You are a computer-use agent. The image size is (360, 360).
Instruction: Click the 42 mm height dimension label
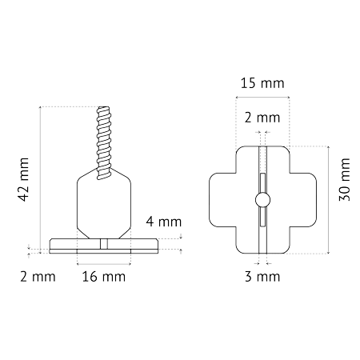pyautogui.click(x=23, y=179)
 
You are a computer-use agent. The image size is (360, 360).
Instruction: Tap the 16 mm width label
pyautogui.click(x=104, y=277)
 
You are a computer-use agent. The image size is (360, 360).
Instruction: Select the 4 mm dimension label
pyautogui.click(x=164, y=222)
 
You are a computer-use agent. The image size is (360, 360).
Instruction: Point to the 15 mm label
pyautogui.click(x=262, y=83)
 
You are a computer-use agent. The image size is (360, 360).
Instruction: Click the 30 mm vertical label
pyautogui.click(x=344, y=179)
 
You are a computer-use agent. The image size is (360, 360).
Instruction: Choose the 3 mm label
pyautogui.click(x=262, y=277)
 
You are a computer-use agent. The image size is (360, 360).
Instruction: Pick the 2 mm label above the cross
pyautogui.click(x=262, y=118)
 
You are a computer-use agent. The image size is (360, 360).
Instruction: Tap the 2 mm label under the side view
pyautogui.click(x=38, y=277)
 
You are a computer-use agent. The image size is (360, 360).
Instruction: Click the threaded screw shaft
pyautogui.click(x=104, y=142)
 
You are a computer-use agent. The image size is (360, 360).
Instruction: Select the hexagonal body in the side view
pyautogui.click(x=104, y=203)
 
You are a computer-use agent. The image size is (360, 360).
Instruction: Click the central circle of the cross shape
pyautogui.click(x=262, y=200)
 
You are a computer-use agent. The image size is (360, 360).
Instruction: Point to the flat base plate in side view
pyautogui.click(x=104, y=246)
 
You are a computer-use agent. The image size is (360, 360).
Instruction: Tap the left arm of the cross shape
pyautogui.click(x=222, y=200)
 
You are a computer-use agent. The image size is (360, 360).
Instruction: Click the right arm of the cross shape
pyautogui.click(x=303, y=200)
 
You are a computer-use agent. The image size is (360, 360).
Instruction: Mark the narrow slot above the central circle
pyautogui.click(x=262, y=183)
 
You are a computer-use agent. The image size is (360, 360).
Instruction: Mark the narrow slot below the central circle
pyautogui.click(x=262, y=217)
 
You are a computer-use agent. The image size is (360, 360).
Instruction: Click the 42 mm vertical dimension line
pyautogui.click(x=40, y=180)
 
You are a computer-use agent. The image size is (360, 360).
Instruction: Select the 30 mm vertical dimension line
pyautogui.click(x=329, y=200)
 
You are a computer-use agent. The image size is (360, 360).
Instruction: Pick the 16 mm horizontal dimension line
pyautogui.click(x=104, y=264)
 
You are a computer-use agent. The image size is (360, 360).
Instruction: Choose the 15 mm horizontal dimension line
pyautogui.click(x=262, y=97)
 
